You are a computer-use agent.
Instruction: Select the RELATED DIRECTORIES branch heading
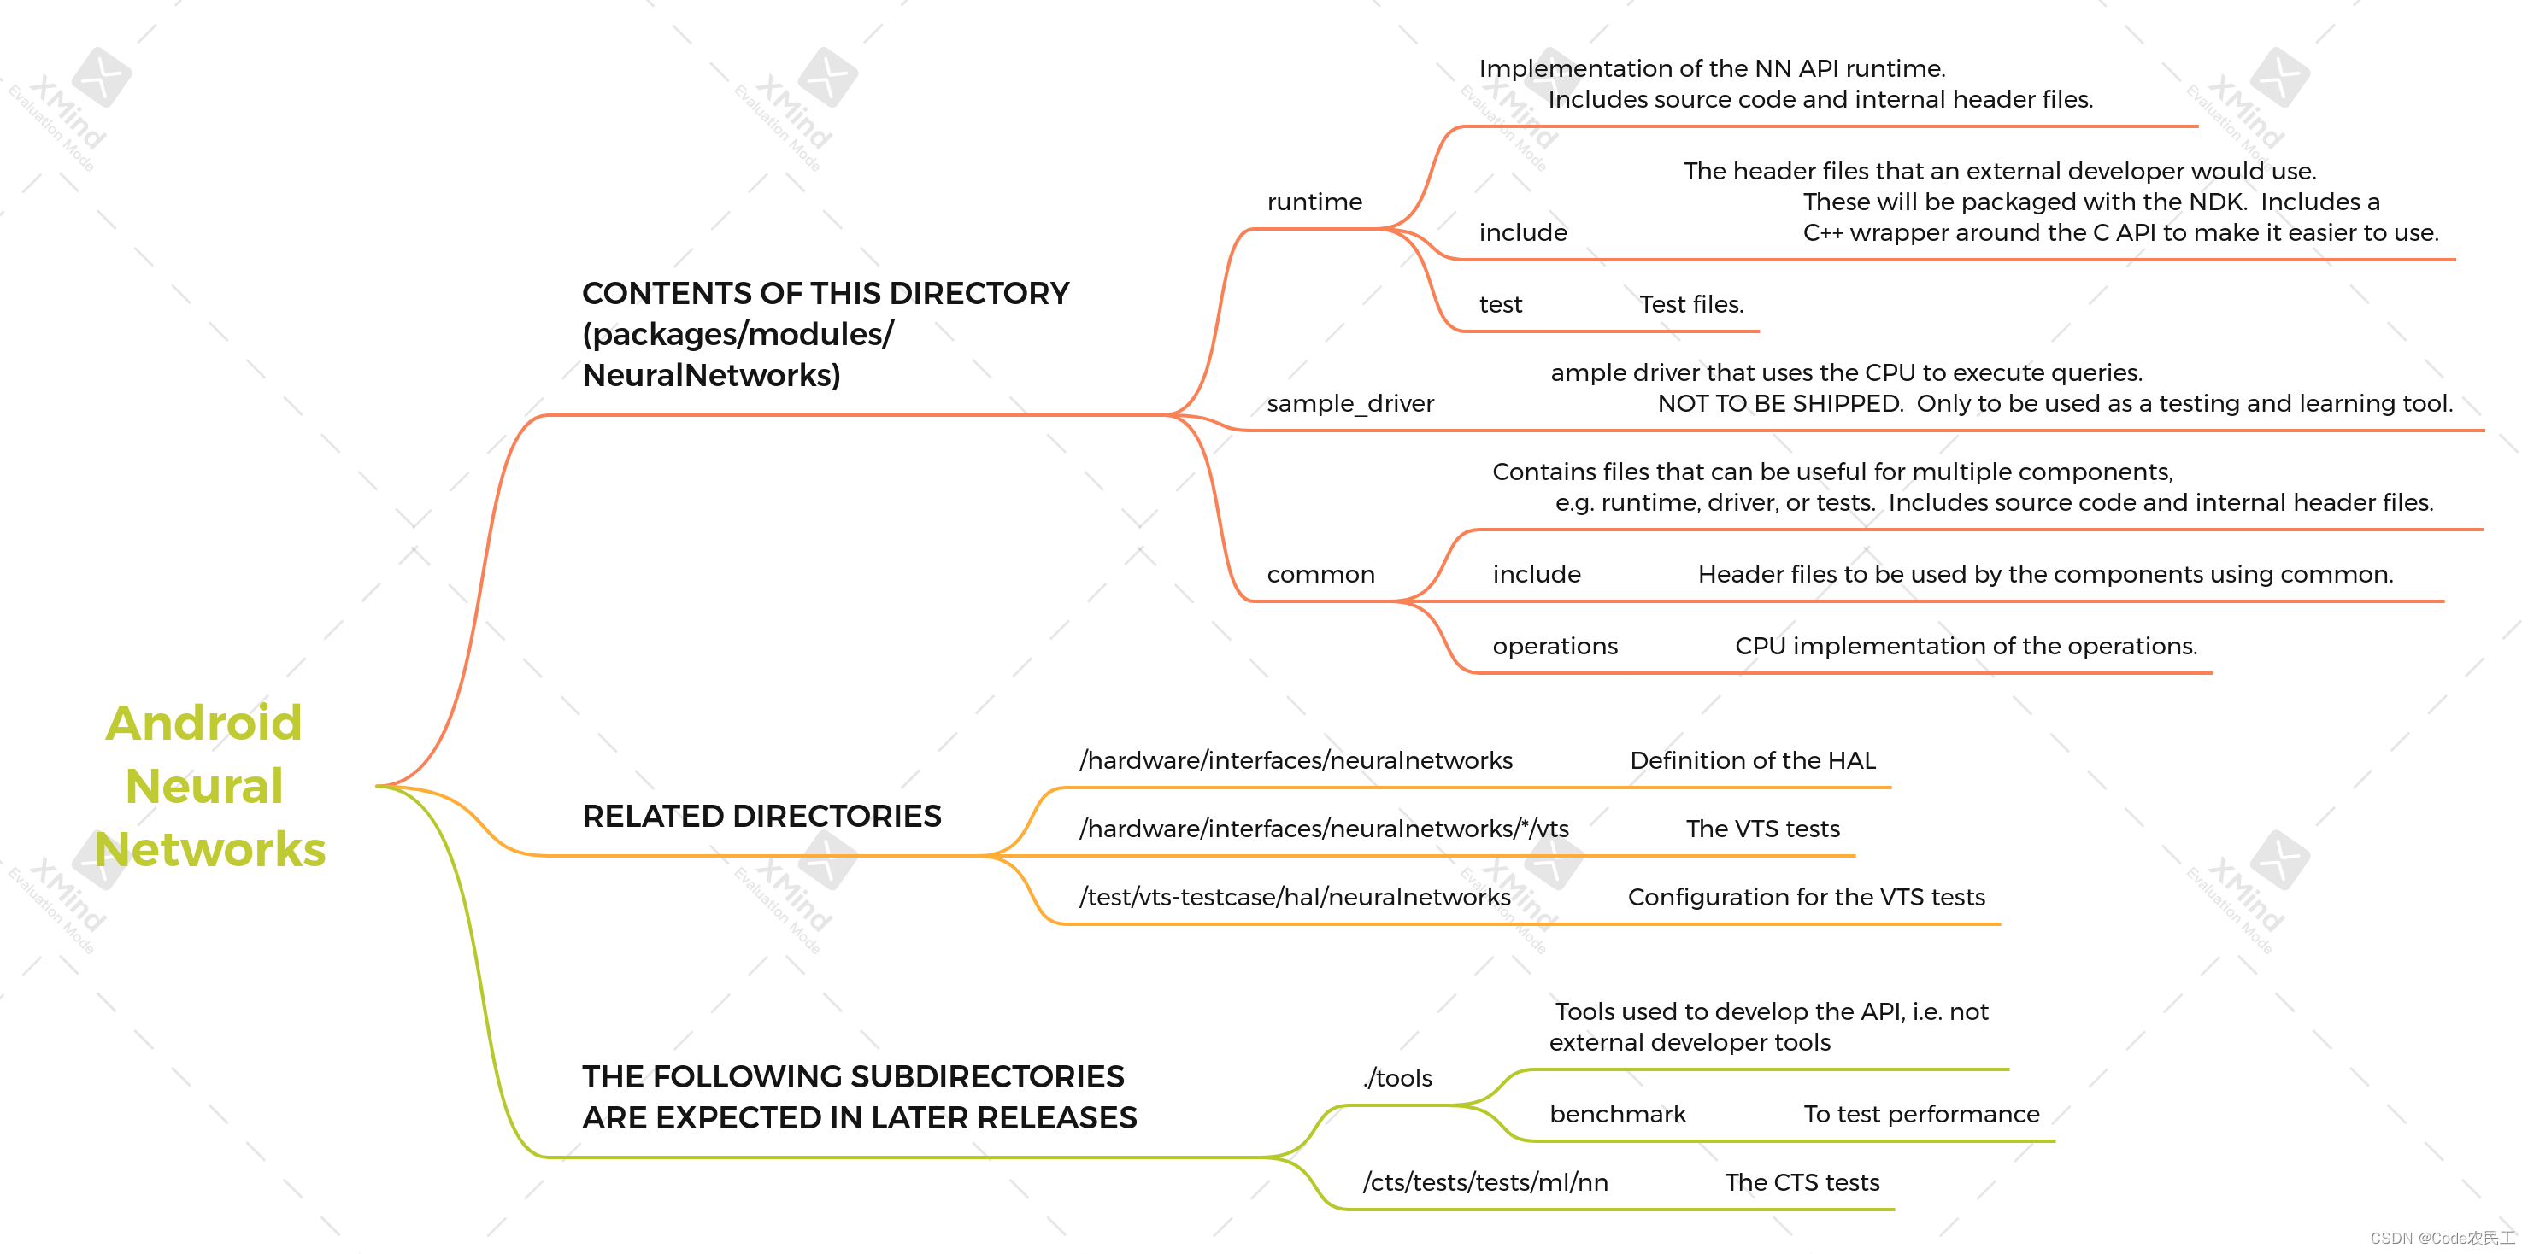(761, 817)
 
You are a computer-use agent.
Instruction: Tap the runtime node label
(1314, 202)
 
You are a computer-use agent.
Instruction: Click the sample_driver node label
(1349, 403)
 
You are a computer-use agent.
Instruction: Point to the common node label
(1320, 574)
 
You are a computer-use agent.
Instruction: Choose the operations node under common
(1555, 646)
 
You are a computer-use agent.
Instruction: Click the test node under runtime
(1500, 304)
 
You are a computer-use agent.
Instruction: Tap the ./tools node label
(1397, 1077)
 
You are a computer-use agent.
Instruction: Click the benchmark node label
(1617, 1114)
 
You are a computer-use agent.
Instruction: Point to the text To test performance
(1920, 1114)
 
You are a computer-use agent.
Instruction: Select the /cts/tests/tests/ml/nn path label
(1484, 1182)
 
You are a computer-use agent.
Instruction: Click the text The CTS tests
(1802, 1182)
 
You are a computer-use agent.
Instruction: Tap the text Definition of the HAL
(1752, 760)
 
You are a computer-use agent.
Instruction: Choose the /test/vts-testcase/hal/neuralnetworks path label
(1295, 897)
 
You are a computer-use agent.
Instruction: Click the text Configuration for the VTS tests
(1806, 897)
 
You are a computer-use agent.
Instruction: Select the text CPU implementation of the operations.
(1966, 646)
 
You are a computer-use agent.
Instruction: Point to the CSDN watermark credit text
(2442, 1239)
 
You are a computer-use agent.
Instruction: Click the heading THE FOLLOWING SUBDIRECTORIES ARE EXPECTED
(859, 1097)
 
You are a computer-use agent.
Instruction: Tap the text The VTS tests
(1762, 829)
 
